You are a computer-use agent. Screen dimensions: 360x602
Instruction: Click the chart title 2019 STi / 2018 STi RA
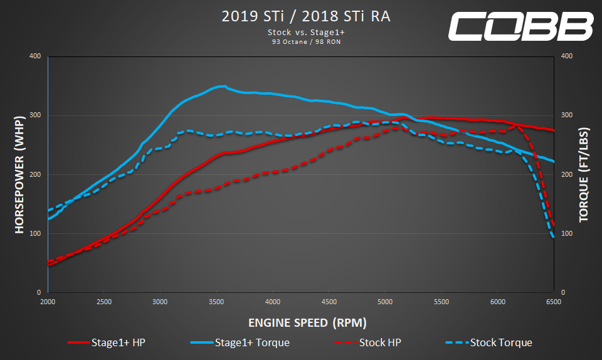(x=305, y=16)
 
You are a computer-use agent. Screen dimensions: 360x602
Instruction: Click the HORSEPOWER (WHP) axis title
(x=19, y=174)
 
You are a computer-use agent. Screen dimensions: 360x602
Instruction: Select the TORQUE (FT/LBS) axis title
(x=583, y=174)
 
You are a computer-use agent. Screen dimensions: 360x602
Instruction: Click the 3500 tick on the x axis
(x=217, y=302)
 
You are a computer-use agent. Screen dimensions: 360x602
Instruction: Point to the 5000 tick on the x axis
(x=386, y=302)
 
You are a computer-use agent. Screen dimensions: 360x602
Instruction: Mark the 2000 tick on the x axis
(x=48, y=302)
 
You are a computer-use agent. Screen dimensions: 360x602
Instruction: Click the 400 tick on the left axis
(x=35, y=56)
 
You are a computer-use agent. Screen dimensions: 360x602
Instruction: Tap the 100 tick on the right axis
(x=567, y=234)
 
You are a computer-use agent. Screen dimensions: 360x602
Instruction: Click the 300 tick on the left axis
(x=35, y=115)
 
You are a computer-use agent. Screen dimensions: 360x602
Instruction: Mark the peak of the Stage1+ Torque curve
(x=223, y=86)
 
